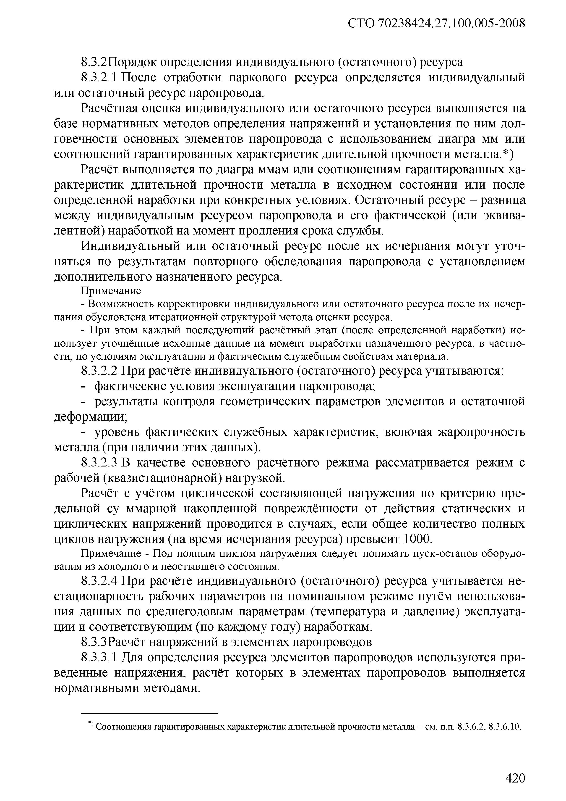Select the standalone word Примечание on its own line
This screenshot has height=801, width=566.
click(111, 291)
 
